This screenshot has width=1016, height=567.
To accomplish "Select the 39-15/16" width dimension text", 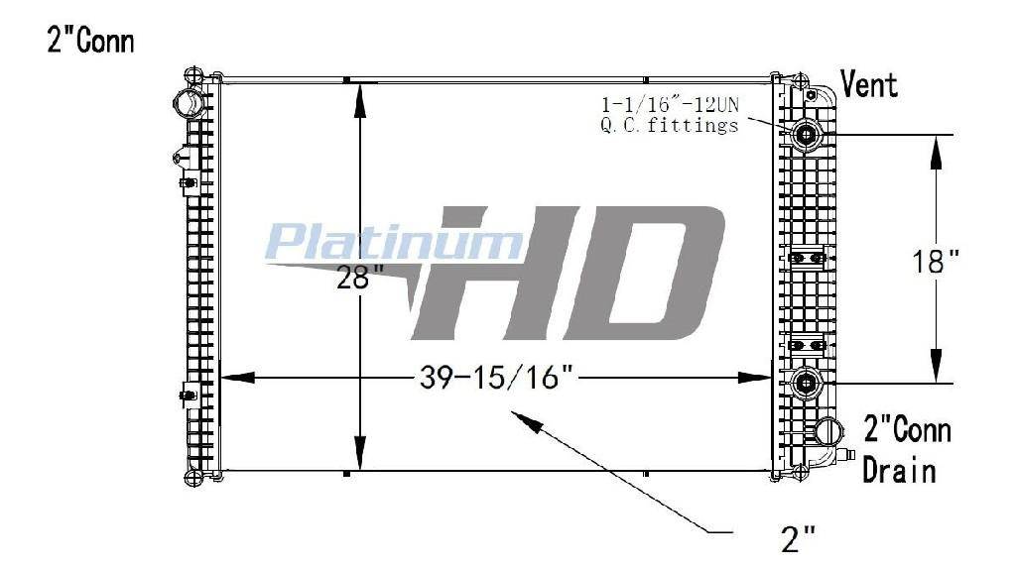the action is coord(497,378).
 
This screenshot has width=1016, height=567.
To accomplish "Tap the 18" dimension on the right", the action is coord(935,262).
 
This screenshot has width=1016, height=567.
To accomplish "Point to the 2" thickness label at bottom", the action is coord(799,538).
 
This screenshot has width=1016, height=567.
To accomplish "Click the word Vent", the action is coord(869,84).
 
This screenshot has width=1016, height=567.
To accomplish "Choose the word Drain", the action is coord(899,470).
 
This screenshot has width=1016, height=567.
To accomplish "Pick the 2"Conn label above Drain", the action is coord(907,430).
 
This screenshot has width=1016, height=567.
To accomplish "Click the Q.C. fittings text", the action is coord(670,124).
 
